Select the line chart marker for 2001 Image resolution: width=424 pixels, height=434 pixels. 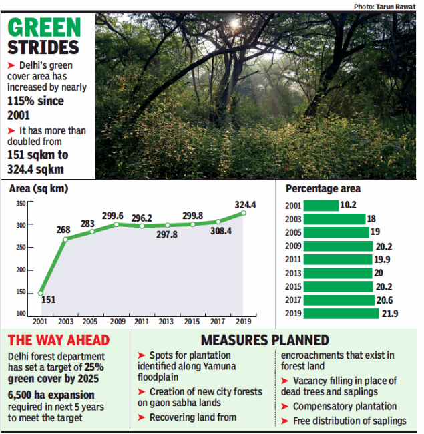point(41,292)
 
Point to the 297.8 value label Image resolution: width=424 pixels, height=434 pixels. point(168,235)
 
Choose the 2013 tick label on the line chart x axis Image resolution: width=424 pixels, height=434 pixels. point(167,321)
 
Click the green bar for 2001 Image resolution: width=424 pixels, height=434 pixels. point(321,206)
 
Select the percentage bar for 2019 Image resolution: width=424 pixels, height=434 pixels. point(341,313)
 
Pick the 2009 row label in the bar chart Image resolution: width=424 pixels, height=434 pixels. point(293,246)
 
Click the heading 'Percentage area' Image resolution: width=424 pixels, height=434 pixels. point(323,189)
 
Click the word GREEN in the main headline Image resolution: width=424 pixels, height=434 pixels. point(45,28)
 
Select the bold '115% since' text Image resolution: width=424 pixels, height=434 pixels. point(35,101)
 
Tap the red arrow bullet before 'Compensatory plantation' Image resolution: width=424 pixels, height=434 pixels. point(286,407)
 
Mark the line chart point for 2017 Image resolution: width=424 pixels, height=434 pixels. point(218,222)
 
